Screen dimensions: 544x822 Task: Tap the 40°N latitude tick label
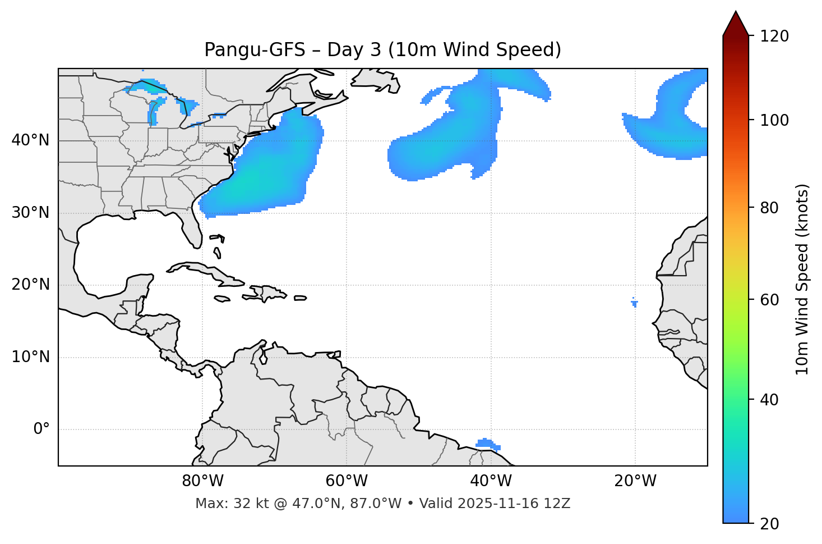pyautogui.click(x=30, y=140)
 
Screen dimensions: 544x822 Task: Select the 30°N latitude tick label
pyautogui.click(x=30, y=213)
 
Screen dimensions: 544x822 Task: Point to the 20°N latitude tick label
pyautogui.click(x=30, y=285)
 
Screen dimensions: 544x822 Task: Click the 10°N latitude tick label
pyautogui.click(x=30, y=357)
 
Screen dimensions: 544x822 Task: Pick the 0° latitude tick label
pyautogui.click(x=41, y=429)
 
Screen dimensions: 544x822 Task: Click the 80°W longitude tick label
pyautogui.click(x=202, y=481)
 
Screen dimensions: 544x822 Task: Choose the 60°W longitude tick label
pyautogui.click(x=347, y=481)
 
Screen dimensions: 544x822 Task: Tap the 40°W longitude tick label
pyautogui.click(x=491, y=481)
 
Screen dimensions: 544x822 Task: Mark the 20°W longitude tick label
pyautogui.click(x=635, y=481)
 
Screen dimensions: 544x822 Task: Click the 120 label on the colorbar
pyautogui.click(x=775, y=36)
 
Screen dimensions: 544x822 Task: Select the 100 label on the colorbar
pyautogui.click(x=775, y=120)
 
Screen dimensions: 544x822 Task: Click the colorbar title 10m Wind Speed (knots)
pyautogui.click(x=802, y=279)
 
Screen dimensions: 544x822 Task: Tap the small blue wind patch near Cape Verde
pyautogui.click(x=634, y=303)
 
